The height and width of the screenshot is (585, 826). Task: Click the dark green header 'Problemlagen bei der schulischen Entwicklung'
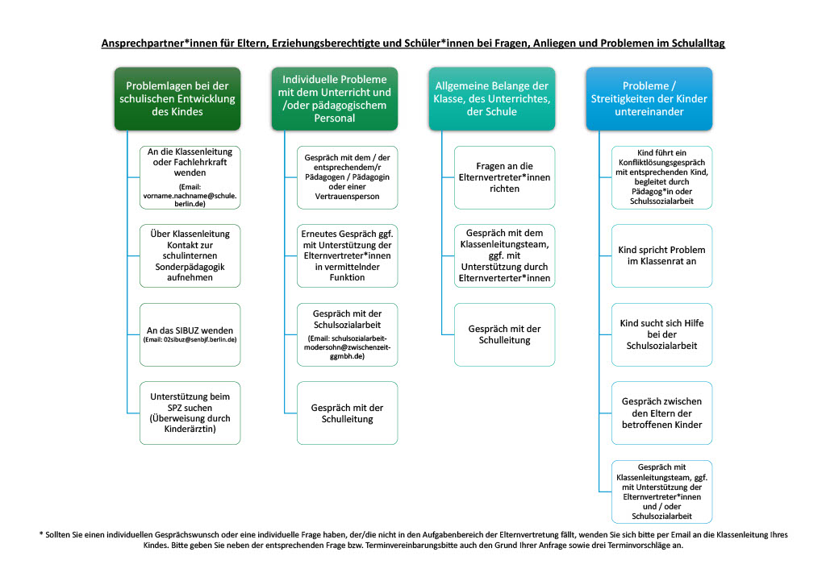point(177,98)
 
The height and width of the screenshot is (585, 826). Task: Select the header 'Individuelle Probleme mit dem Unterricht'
point(335,98)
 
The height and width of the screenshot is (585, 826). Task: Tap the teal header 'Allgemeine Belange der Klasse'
point(491,98)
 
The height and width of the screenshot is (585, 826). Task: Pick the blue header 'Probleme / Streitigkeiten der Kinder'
point(649,98)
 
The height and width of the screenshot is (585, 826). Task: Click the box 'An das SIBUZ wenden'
point(190,334)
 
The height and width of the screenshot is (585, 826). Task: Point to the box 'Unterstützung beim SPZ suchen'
point(190,413)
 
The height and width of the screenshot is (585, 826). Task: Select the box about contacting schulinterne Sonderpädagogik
point(190,255)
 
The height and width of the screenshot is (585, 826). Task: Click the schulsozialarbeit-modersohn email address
point(347,347)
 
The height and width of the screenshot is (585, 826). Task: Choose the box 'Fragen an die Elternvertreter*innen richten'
point(505,177)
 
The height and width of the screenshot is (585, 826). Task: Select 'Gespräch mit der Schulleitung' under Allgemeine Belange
point(505,334)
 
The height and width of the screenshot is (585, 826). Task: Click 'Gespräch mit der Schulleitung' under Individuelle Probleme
point(347,413)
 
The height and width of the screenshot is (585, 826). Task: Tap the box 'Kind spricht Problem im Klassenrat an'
point(661,255)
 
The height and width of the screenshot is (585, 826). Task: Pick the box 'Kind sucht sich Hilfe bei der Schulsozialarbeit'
point(661,334)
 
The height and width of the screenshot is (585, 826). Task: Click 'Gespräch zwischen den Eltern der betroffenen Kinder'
point(661,413)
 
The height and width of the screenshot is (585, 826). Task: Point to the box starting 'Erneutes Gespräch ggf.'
point(347,255)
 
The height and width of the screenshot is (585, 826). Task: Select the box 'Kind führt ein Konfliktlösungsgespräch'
point(661,177)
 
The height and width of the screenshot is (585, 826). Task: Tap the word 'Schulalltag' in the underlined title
point(698,44)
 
